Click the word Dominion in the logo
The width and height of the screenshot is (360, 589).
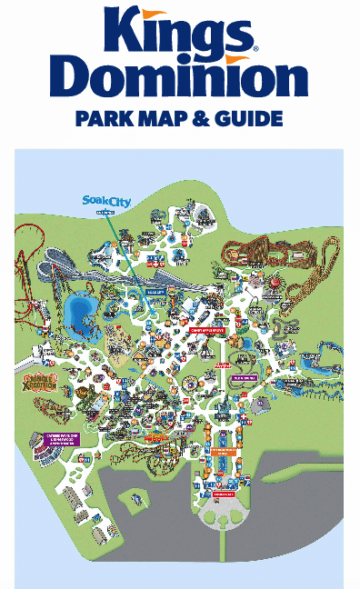(x=180, y=79)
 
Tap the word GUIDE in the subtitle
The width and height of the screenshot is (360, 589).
(x=245, y=119)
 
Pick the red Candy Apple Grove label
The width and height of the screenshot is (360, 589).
(x=207, y=330)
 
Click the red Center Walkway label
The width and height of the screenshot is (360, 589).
(x=219, y=364)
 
